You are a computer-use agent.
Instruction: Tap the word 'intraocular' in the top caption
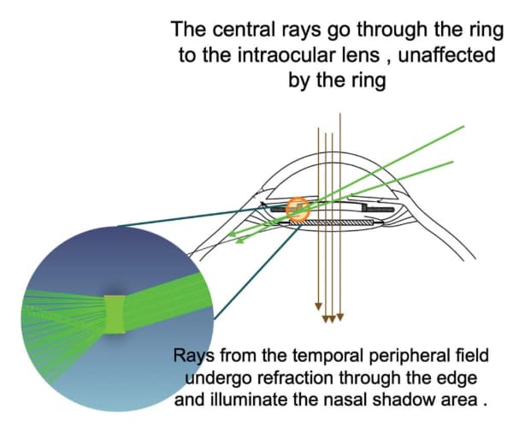point(286,55)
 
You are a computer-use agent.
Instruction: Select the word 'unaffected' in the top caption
point(446,55)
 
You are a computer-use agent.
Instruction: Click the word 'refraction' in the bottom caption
point(296,378)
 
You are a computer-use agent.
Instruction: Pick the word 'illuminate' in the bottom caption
point(248,400)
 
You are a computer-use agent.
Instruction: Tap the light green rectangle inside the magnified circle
point(115,314)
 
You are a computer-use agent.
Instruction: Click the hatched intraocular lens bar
point(331,222)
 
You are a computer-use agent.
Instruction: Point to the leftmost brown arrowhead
point(318,306)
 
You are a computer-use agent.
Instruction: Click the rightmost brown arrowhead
point(340,317)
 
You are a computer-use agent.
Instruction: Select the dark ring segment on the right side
point(378,208)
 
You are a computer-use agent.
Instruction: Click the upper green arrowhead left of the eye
point(232,234)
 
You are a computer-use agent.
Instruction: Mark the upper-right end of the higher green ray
point(463,127)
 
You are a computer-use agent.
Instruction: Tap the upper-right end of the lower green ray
point(452,162)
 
